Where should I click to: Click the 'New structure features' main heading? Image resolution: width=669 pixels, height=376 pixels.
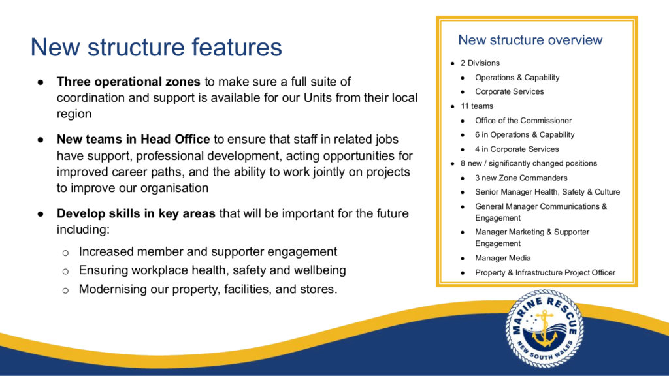(x=156, y=47)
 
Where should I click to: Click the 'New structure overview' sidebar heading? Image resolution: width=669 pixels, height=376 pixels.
(x=530, y=40)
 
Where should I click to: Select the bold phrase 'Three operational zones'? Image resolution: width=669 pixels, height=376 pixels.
(x=129, y=82)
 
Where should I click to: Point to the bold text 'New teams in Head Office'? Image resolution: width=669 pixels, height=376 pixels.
(x=133, y=140)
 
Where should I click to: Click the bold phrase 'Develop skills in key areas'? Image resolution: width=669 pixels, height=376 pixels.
(x=136, y=213)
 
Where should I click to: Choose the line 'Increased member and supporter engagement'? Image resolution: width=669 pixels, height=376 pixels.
(x=208, y=252)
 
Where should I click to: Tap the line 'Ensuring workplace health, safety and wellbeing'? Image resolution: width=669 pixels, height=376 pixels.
(x=212, y=270)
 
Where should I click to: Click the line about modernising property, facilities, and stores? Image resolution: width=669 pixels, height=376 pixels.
(x=208, y=289)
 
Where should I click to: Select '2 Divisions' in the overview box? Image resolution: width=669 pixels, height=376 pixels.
(x=480, y=63)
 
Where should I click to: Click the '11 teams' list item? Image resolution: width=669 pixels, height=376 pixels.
(x=476, y=106)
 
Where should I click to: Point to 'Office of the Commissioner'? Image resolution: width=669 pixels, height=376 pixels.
(x=523, y=121)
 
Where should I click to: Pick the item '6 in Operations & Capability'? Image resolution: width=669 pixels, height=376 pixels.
(x=525, y=134)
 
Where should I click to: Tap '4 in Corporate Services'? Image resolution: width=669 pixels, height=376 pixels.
(x=517, y=149)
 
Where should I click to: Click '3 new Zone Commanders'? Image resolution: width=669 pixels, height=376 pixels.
(x=521, y=178)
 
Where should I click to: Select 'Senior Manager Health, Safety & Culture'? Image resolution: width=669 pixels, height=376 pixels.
(x=548, y=192)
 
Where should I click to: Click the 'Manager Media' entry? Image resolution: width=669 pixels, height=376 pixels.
(x=503, y=258)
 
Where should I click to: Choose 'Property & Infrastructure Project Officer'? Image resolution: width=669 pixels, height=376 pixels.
(x=546, y=273)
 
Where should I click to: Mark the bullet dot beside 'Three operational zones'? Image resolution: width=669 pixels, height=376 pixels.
(x=41, y=82)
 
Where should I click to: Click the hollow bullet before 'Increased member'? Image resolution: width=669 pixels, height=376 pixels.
(x=65, y=253)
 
